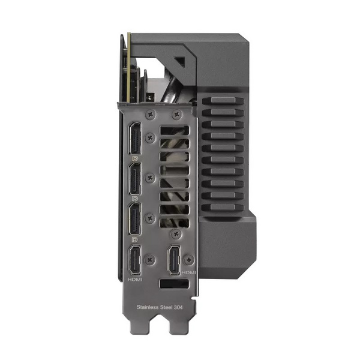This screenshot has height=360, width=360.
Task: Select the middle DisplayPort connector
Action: (x=135, y=181)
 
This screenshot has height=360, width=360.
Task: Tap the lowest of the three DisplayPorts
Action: (x=135, y=220)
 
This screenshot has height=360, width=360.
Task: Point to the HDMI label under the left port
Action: (x=135, y=280)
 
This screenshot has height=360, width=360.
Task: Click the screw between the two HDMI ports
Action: (x=150, y=259)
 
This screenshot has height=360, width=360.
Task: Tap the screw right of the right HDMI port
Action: (x=190, y=259)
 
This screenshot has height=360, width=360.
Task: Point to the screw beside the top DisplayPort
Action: (x=150, y=139)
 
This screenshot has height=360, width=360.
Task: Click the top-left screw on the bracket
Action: (x=151, y=113)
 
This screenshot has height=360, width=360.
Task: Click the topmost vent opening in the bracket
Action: (x=175, y=130)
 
